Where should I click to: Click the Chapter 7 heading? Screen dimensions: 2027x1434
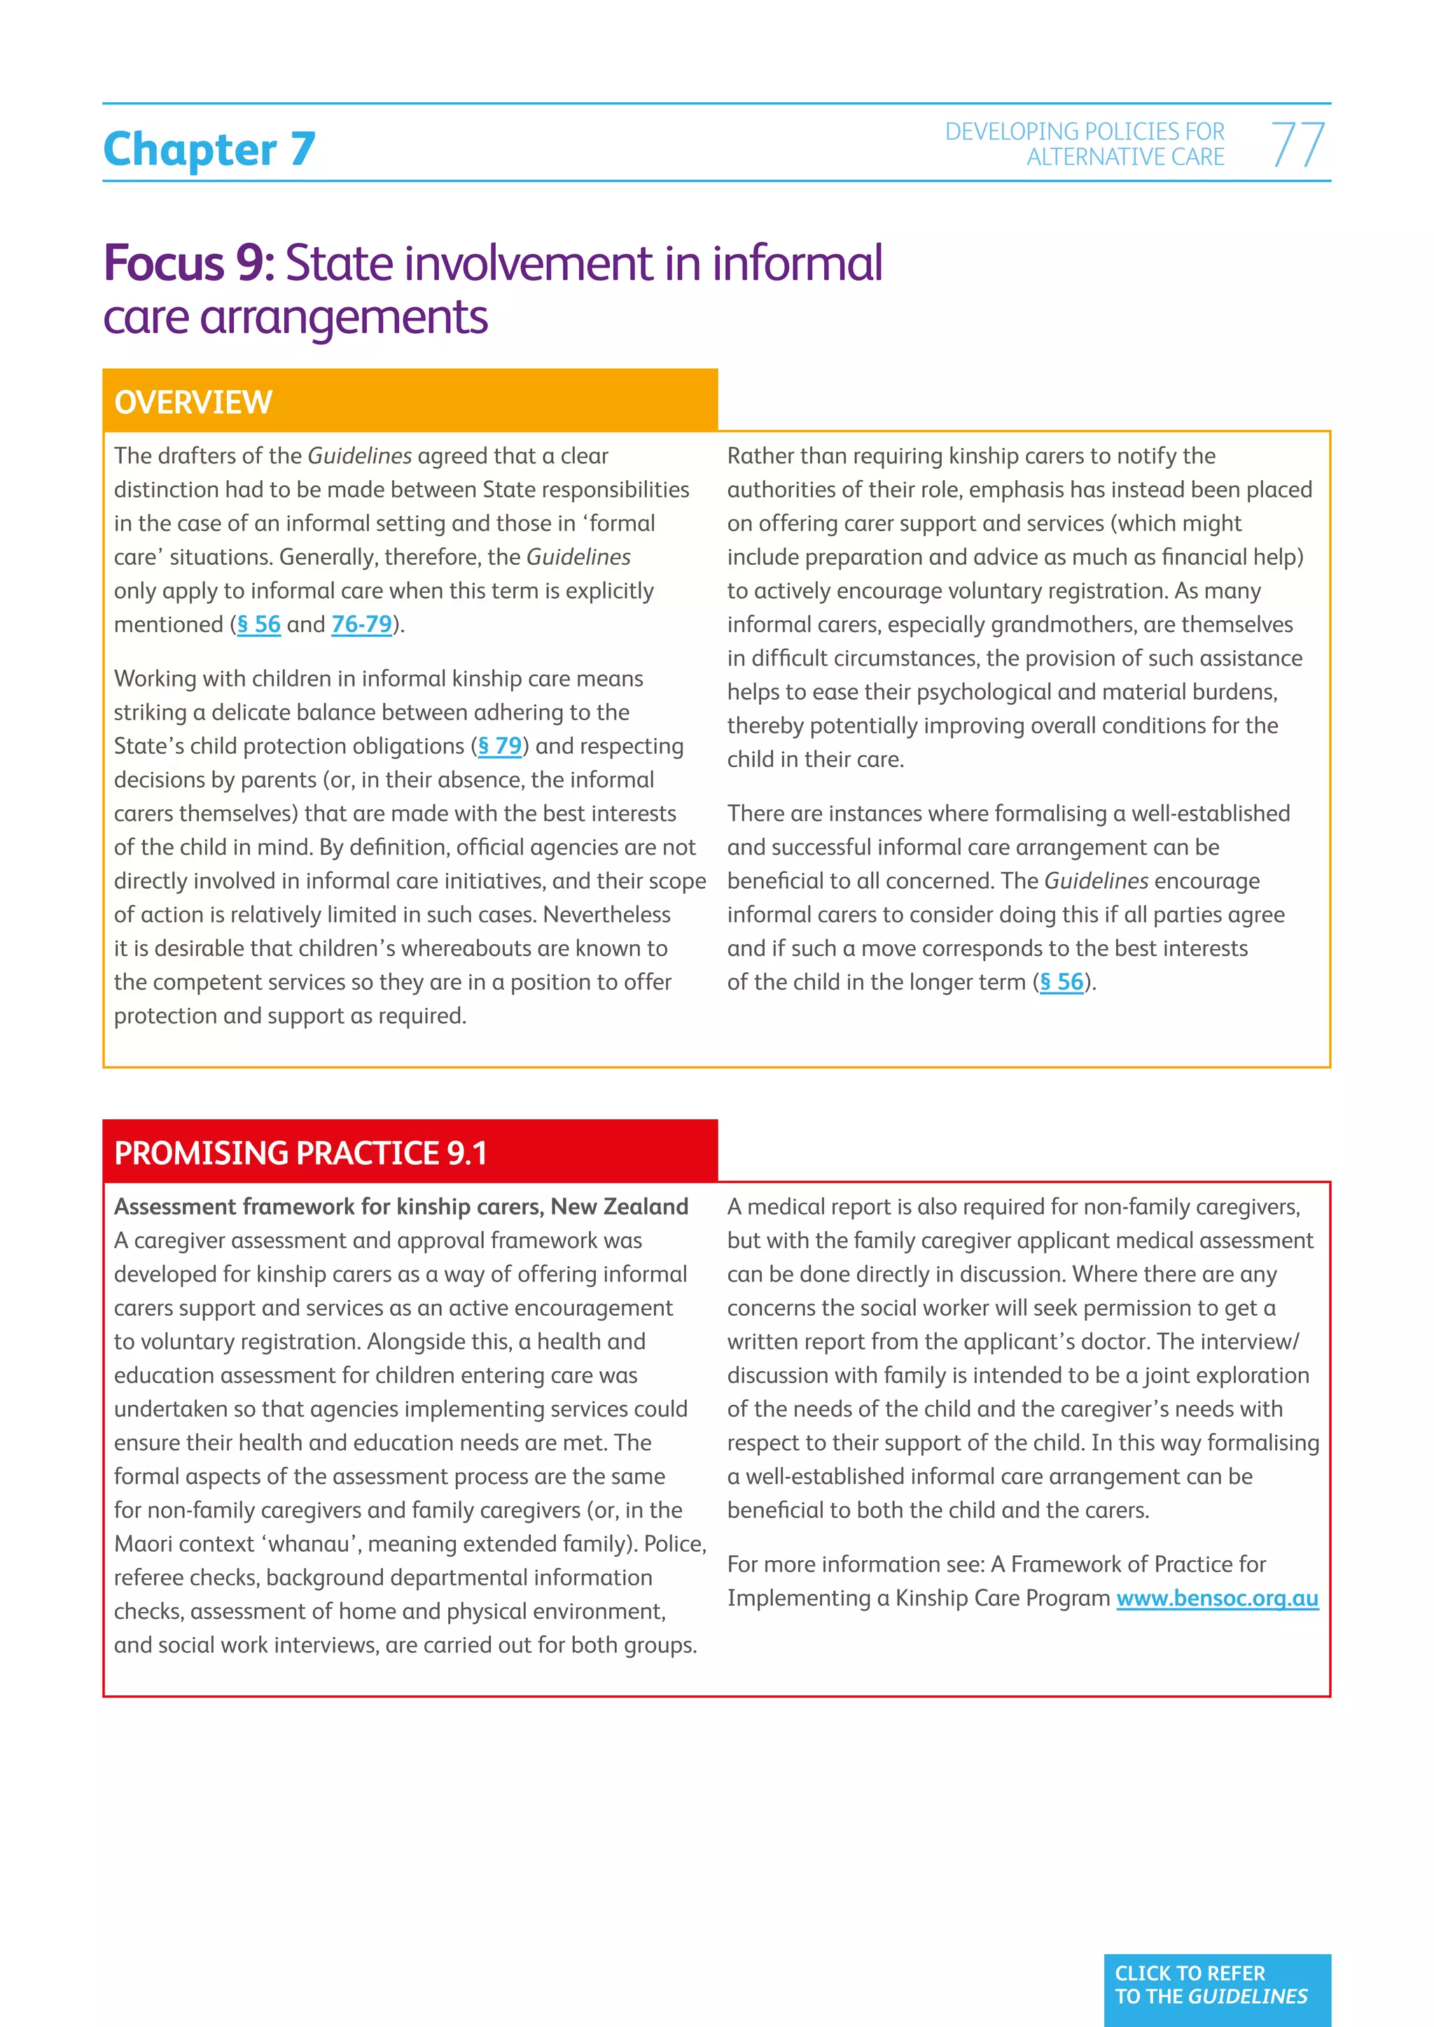[x=209, y=149]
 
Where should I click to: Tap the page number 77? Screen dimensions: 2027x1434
[x=1297, y=145]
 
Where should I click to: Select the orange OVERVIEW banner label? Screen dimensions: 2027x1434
[x=193, y=402]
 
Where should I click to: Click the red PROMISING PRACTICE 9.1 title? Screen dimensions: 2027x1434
[x=300, y=1153]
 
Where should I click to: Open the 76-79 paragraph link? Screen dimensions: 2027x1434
[x=361, y=625]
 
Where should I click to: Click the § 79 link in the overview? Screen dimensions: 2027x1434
[x=500, y=747]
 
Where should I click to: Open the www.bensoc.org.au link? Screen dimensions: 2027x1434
[x=1217, y=1599]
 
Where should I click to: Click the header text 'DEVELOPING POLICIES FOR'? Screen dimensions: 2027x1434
[x=1085, y=132]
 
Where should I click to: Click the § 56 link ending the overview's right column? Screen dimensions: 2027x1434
[x=1061, y=983]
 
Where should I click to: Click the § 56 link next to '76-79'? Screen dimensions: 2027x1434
[x=258, y=625]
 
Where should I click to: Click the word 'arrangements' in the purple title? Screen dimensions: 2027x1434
[x=344, y=318]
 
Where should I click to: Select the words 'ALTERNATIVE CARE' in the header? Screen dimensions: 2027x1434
[x=1125, y=157]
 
